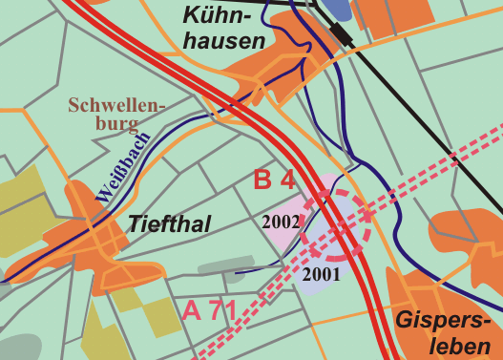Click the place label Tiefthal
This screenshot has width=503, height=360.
168,223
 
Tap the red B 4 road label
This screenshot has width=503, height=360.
273,180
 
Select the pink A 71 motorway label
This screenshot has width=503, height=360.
209,311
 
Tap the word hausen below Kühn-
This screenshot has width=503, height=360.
223,41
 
